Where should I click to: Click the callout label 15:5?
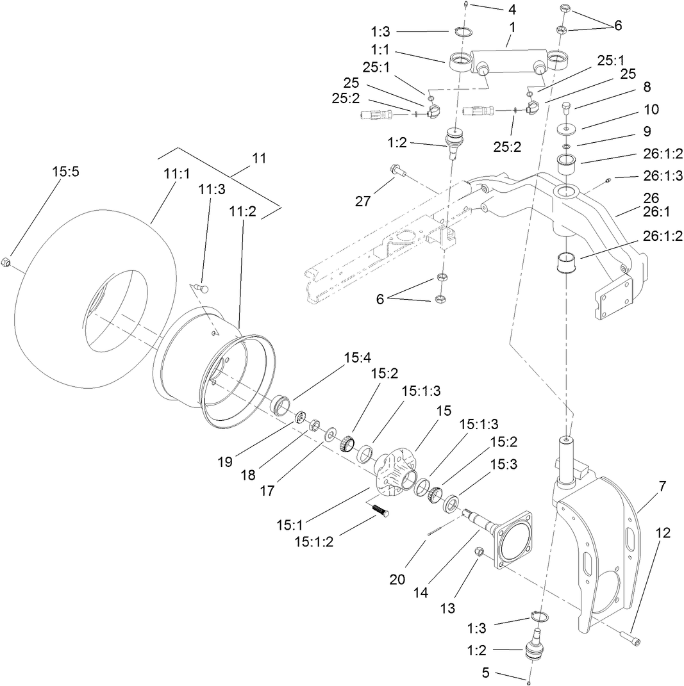coord(64,172)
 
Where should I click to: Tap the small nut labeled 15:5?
coord(5,261)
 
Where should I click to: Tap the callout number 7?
coord(662,486)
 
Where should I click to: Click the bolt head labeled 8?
coord(565,106)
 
